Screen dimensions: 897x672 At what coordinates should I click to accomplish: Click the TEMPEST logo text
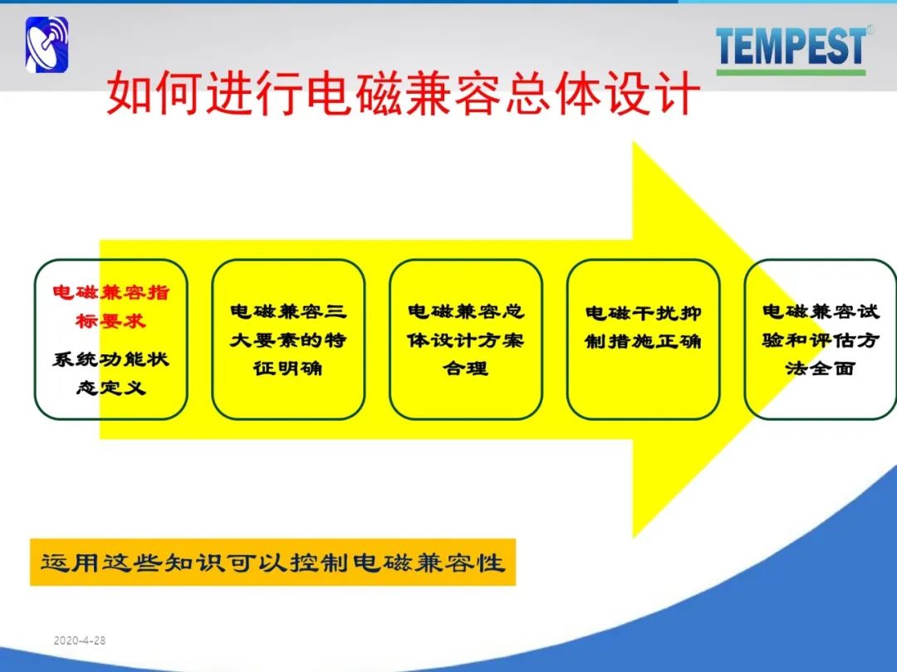(x=792, y=46)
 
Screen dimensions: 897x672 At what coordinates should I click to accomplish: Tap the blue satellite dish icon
(x=47, y=45)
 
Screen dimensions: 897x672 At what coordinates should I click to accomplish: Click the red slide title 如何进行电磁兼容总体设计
(x=404, y=93)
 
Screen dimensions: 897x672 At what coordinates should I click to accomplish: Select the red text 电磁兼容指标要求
(x=111, y=307)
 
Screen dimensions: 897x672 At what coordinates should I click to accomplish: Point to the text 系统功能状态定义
(x=111, y=373)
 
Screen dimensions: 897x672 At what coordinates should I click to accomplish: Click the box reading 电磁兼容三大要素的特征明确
(x=288, y=339)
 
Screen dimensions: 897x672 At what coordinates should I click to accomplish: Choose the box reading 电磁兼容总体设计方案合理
(x=466, y=339)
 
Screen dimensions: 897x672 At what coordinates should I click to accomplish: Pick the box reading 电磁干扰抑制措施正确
(x=643, y=339)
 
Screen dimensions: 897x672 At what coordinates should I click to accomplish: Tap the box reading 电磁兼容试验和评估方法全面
(x=821, y=339)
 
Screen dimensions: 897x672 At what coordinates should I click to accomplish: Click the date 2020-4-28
(x=80, y=640)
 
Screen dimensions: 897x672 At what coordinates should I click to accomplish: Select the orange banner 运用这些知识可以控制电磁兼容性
(x=273, y=562)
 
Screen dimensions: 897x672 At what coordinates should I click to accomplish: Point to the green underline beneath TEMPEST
(x=792, y=72)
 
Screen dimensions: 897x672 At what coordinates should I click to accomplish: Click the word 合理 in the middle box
(x=466, y=368)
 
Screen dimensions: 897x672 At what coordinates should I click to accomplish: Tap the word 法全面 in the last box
(x=821, y=368)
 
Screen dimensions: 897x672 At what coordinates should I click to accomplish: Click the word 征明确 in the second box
(x=288, y=368)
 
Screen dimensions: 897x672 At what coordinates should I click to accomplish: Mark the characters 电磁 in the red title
(x=355, y=93)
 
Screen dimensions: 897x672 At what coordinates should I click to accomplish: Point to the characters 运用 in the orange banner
(x=70, y=562)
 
